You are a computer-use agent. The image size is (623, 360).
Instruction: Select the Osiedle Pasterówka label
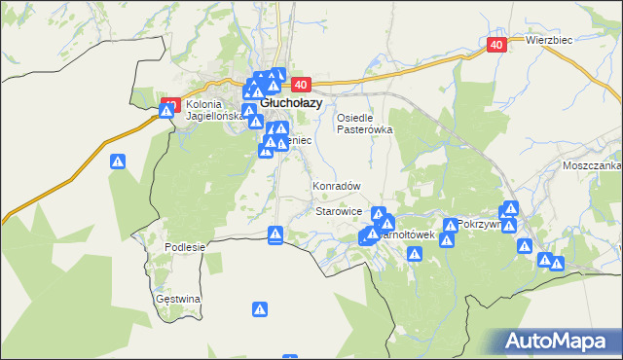[364, 123]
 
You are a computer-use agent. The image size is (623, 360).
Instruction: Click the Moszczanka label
[591, 165]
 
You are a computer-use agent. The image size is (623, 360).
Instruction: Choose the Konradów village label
[336, 186]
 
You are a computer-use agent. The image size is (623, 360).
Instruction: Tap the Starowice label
[339, 211]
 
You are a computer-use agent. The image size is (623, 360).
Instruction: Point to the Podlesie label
[185, 247]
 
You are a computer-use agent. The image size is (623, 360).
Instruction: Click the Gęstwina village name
[178, 299]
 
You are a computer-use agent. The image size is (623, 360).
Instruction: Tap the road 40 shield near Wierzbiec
[496, 45]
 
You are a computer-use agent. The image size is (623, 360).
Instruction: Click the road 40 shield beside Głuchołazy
[299, 85]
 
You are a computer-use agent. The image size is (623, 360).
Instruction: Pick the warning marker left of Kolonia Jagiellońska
[167, 110]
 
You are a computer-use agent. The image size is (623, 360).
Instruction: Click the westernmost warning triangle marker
[118, 162]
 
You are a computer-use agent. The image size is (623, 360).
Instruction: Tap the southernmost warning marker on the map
[260, 309]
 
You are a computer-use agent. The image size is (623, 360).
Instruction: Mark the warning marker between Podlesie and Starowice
[275, 234]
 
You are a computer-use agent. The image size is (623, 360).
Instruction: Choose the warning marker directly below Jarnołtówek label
[415, 254]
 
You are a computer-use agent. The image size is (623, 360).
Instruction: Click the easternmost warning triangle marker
[557, 263]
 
